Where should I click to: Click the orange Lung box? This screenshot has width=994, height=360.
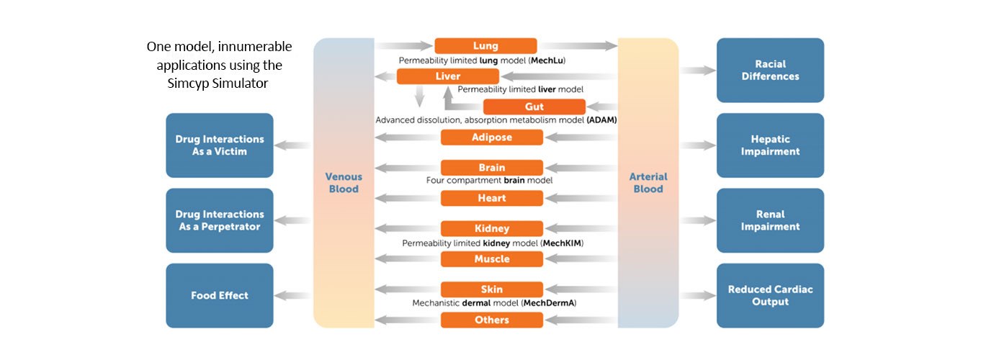(485, 46)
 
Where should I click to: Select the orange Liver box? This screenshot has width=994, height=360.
(448, 76)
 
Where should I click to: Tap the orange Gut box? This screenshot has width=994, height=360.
(534, 107)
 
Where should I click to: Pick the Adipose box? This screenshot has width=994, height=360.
(491, 138)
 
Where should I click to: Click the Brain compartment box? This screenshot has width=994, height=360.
(491, 168)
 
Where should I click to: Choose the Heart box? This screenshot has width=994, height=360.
(491, 198)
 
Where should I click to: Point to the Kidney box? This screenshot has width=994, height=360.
(491, 228)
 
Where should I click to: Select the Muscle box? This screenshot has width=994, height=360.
(491, 259)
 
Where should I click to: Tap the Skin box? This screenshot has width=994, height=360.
(491, 289)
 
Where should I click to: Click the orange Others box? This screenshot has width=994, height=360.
(491, 320)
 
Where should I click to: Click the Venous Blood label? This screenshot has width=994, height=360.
(343, 183)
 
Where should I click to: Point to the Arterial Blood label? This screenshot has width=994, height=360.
(648, 183)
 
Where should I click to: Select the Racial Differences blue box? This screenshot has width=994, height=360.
(770, 70)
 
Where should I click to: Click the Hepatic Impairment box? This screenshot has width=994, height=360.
(770, 145)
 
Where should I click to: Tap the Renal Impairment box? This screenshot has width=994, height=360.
(770, 220)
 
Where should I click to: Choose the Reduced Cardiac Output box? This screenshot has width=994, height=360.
(770, 295)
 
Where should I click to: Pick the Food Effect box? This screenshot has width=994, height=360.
(220, 295)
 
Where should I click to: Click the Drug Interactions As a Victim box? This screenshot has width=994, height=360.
(220, 145)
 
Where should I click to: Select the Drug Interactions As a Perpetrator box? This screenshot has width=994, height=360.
(220, 220)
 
